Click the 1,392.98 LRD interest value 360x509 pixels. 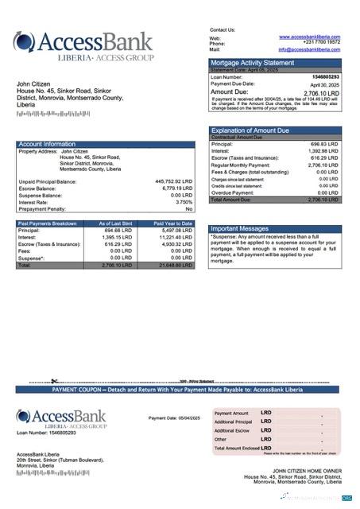click(x=323, y=150)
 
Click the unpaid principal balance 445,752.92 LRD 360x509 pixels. click(x=173, y=181)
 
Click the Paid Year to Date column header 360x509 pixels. click(x=172, y=223)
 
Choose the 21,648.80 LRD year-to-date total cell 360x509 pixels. click(x=173, y=265)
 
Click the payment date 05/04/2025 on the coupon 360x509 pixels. click(x=188, y=418)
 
